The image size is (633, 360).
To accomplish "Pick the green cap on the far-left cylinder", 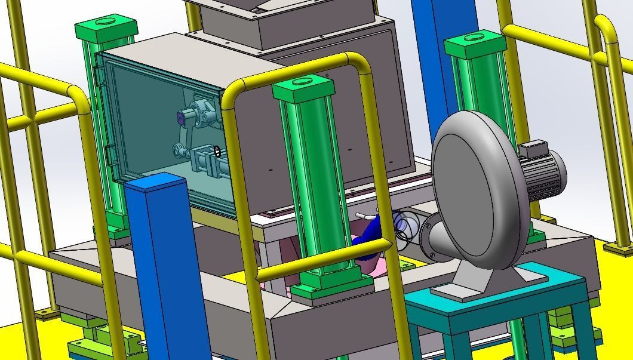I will coord(106,28).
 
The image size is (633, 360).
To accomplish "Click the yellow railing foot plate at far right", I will coord(619,247).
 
